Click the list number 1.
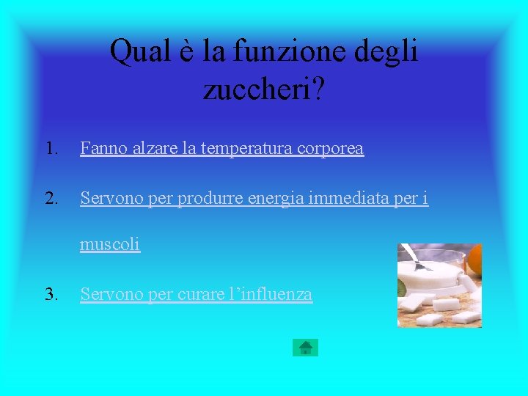click(51, 149)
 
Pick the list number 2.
click(51, 198)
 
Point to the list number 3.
click(51, 295)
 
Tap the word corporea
click(331, 149)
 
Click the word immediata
click(352, 198)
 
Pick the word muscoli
click(110, 244)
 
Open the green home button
click(305, 347)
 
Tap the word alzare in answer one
click(153, 149)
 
